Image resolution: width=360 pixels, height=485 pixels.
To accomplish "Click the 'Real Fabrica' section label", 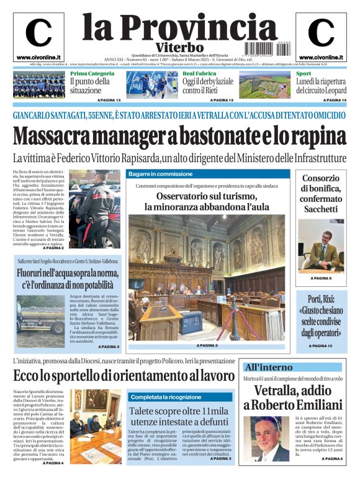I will pos(199,74).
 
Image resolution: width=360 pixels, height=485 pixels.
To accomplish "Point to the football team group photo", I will pos(38,85).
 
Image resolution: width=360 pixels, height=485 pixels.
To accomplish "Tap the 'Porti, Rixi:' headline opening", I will pos(320,300).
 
